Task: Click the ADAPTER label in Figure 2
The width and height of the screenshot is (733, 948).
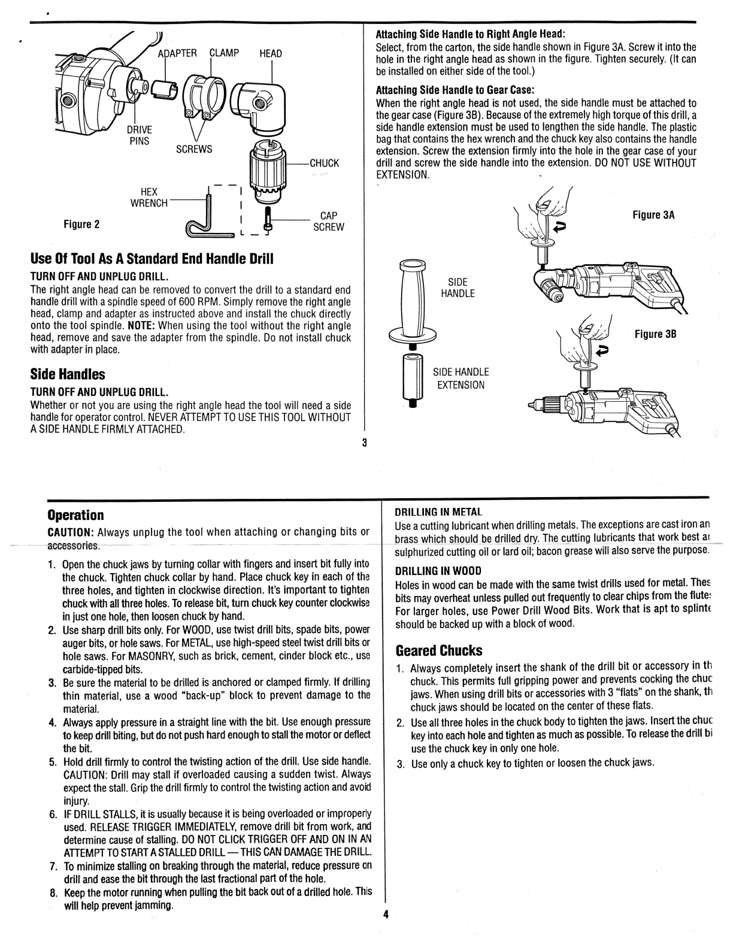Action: click(x=177, y=53)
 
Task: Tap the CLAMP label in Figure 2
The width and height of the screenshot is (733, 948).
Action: click(x=225, y=53)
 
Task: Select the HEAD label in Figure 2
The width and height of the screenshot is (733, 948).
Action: click(x=271, y=54)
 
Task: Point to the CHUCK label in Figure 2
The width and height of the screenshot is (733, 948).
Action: click(x=324, y=163)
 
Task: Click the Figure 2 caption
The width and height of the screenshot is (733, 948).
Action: click(x=81, y=225)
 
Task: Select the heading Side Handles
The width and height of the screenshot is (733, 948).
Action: click(x=68, y=374)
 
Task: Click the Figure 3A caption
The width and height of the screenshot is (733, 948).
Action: click(x=654, y=215)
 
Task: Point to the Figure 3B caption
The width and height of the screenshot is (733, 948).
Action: click(x=655, y=334)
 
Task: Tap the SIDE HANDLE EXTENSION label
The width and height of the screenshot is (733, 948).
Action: click(x=461, y=378)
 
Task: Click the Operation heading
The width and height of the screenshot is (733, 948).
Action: click(x=75, y=515)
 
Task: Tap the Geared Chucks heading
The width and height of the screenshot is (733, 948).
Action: click(x=438, y=650)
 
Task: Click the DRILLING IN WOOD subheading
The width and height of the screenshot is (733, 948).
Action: click(x=438, y=570)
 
